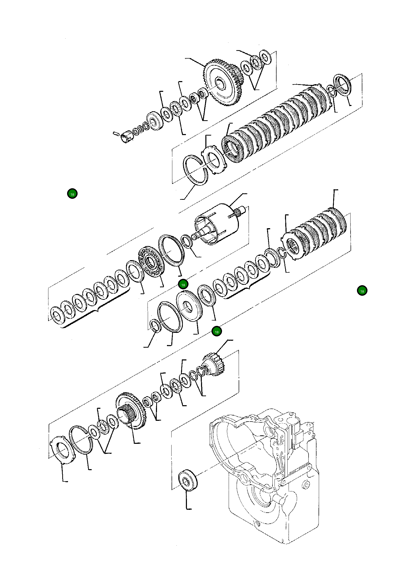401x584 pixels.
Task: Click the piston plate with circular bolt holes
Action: (151, 262)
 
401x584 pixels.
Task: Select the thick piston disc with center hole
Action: (189, 306)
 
